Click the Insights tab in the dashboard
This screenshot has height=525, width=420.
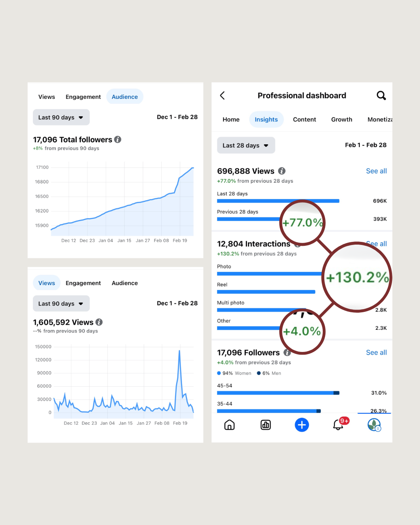(266, 119)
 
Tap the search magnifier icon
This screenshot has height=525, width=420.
(381, 95)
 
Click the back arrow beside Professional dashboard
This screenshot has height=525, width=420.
(222, 95)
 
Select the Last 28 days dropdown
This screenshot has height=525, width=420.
(246, 145)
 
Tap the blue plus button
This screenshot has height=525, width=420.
(302, 425)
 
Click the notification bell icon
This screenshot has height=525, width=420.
(338, 425)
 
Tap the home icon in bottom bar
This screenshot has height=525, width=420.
(229, 425)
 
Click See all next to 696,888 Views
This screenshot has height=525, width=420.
(376, 171)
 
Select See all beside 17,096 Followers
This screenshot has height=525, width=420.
(376, 353)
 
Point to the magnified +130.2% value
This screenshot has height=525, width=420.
(357, 277)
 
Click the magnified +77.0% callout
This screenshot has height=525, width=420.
(303, 222)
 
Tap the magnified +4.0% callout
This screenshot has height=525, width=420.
(302, 331)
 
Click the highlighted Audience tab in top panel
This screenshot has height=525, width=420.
(124, 97)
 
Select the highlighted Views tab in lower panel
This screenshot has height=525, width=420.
(47, 283)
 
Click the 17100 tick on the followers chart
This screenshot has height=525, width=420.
(42, 168)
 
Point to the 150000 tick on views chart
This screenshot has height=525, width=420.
(43, 347)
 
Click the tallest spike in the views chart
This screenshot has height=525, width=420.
(179, 351)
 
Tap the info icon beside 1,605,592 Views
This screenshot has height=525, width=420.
(99, 322)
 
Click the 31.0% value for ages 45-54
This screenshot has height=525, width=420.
(379, 393)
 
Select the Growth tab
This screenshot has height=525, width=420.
(341, 119)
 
